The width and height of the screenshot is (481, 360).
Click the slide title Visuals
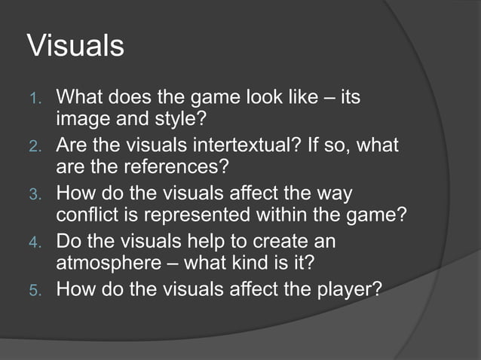point(75,46)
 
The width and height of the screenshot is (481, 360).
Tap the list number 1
point(35,99)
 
